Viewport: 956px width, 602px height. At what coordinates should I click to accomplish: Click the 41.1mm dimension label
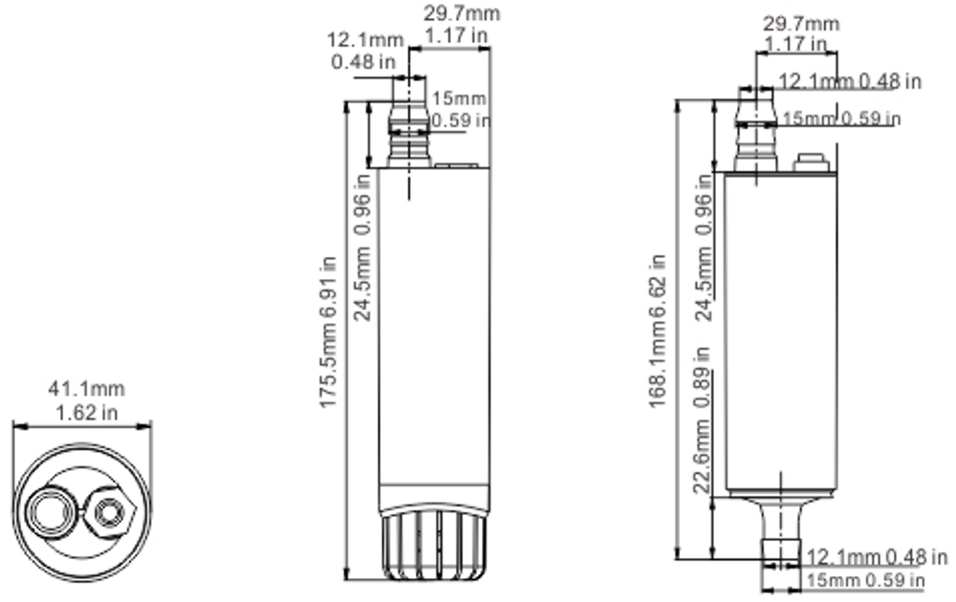[x=87, y=390]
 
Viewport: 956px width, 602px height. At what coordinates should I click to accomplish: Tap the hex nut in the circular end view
[x=109, y=510]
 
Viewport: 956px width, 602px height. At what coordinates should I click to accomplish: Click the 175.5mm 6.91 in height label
[x=327, y=333]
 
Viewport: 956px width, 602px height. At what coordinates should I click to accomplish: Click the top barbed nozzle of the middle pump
[x=408, y=124]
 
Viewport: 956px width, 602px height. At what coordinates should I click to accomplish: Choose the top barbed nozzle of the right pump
[x=755, y=129]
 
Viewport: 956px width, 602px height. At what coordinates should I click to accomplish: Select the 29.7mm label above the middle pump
[x=461, y=13]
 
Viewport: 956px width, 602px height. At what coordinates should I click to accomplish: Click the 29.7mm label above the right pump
[x=801, y=24]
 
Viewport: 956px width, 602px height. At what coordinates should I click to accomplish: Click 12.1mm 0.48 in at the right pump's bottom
[x=877, y=556]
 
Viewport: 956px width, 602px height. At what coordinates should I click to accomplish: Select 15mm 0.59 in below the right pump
[x=866, y=580]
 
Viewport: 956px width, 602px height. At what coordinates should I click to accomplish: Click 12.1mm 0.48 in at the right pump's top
[x=850, y=81]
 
